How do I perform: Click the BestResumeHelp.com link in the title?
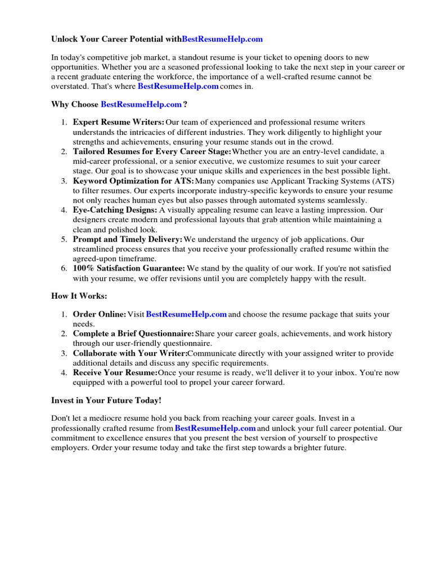tap(222, 39)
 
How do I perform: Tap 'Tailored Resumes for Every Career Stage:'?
tap(152, 152)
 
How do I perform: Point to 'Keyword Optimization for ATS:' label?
tap(133, 181)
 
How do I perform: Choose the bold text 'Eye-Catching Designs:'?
tap(115, 210)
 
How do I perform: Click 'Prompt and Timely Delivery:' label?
tap(128, 240)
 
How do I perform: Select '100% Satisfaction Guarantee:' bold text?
tap(129, 269)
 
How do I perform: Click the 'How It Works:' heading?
tap(79, 296)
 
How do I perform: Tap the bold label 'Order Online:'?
tap(100, 314)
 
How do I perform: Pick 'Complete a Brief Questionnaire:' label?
tap(133, 334)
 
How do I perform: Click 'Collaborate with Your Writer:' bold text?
tap(130, 354)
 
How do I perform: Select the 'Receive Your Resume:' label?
tap(115, 373)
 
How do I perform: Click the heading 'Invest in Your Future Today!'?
tap(106, 400)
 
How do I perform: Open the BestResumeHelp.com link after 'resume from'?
tap(215, 429)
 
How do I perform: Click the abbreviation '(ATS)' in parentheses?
tap(382, 181)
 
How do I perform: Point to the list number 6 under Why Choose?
tap(64, 269)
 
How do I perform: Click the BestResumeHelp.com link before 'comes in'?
tap(178, 87)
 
